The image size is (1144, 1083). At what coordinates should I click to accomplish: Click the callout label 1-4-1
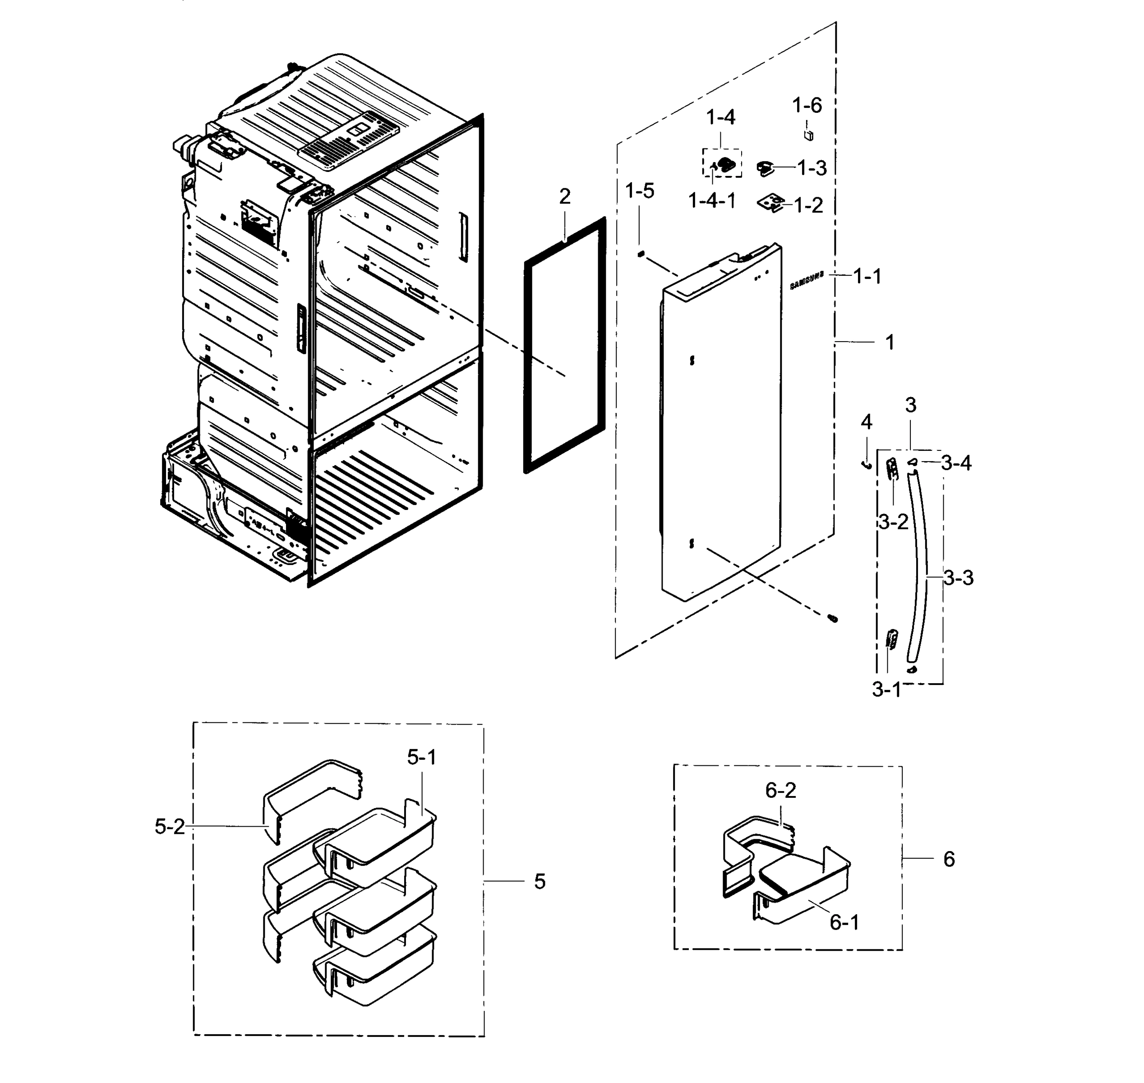712,201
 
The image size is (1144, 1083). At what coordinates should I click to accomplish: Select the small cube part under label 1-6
809,135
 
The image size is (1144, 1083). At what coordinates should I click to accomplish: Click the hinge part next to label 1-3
765,168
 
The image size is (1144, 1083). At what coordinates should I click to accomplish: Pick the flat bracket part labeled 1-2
770,203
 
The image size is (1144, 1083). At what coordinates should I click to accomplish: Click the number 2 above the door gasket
564,197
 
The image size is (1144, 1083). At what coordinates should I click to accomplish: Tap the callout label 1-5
640,191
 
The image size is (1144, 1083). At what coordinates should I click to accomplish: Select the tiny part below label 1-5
641,254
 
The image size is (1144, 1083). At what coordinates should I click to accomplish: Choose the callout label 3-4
956,463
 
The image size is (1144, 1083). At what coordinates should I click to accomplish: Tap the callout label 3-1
886,690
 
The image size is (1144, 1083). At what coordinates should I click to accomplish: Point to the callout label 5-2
170,827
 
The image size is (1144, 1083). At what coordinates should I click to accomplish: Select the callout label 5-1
421,757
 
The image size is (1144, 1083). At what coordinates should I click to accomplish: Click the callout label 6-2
780,790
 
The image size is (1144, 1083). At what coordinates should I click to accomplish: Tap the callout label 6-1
844,922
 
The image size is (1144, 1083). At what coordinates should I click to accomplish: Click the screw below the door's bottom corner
832,619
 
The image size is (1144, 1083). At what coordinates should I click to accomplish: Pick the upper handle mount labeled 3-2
892,469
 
